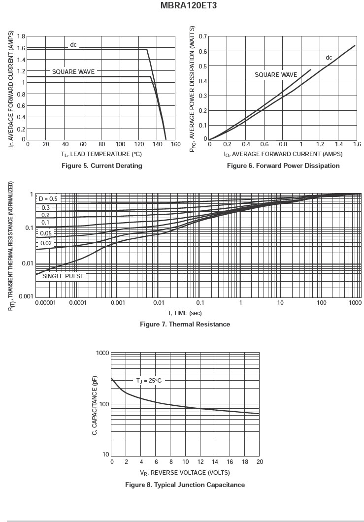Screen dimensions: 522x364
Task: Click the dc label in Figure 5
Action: pos(73,45)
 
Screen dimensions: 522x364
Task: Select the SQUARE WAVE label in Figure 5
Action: pos(73,72)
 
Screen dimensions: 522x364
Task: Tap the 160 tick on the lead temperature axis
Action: pos(176,144)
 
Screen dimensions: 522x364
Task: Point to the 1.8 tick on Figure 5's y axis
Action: pos(21,36)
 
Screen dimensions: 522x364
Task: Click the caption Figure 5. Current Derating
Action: pos(101,166)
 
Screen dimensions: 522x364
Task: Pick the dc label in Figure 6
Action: pos(329,58)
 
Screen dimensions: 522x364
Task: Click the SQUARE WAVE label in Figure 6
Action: pos(276,75)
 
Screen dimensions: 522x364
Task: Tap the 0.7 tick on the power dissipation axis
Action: pos(203,36)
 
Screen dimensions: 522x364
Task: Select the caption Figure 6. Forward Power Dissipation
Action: pos(283,166)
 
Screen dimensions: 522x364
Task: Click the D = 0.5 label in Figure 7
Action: pos(48,199)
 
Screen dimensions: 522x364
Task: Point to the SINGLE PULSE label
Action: pos(63,276)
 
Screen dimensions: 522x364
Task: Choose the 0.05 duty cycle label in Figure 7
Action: pos(46,233)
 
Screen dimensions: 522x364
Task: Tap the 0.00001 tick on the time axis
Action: pos(46,302)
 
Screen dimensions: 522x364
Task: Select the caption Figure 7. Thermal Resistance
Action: pos(185,325)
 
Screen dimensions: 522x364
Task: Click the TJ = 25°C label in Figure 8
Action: pos(149,381)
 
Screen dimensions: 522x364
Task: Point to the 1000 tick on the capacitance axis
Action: pos(102,353)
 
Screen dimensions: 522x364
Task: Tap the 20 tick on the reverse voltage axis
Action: pos(260,462)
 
